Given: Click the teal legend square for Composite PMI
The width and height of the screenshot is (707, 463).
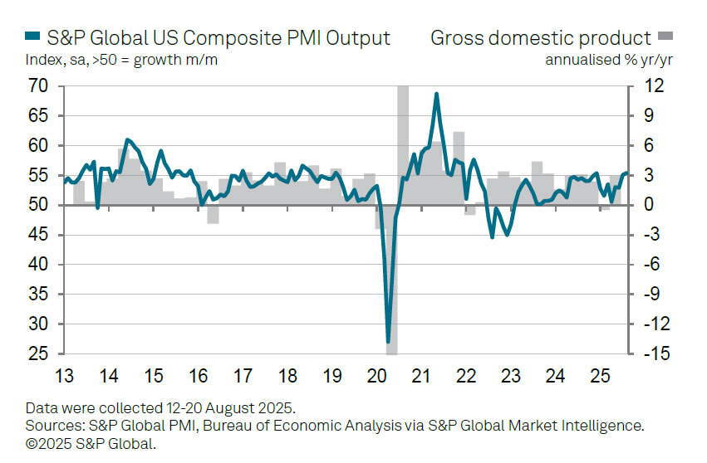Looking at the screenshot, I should pyautogui.click(x=33, y=38).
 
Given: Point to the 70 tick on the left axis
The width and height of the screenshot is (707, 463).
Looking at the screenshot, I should pyautogui.click(x=39, y=86).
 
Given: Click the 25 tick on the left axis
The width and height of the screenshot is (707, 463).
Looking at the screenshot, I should pyautogui.click(x=39, y=354).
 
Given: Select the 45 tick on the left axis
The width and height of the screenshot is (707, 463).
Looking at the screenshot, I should pyautogui.click(x=39, y=236).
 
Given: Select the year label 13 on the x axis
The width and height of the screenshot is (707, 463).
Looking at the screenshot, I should pyautogui.click(x=63, y=376).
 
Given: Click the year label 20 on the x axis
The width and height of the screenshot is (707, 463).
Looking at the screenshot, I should pyautogui.click(x=377, y=376).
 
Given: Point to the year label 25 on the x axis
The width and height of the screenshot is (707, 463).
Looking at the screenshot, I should pyautogui.click(x=601, y=376).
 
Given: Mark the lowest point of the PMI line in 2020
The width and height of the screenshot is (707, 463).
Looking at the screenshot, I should pyautogui.click(x=388, y=341).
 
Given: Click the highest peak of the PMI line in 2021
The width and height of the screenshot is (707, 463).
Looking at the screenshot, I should pyautogui.click(x=436, y=94).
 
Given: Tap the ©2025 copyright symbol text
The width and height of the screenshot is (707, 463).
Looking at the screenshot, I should pyautogui.click(x=47, y=443).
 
